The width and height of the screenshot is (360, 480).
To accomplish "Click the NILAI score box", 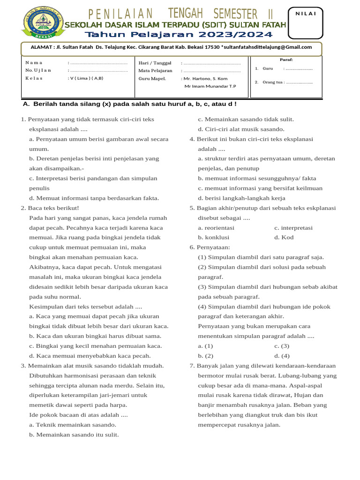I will click(306, 23).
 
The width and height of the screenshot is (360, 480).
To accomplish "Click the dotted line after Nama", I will click(98, 63).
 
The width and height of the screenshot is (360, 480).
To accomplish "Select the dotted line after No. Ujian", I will click(98, 70).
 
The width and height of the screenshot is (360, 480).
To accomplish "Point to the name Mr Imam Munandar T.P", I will click(210, 86).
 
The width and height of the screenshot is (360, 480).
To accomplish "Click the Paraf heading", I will click(286, 60).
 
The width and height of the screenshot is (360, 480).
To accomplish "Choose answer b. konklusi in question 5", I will click(213, 237).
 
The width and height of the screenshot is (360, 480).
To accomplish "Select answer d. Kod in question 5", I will click(284, 237).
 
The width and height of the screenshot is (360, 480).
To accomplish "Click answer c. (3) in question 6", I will click(282, 346).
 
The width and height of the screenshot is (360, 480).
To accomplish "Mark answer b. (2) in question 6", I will click(206, 356).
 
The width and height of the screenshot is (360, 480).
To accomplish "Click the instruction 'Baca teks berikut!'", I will click(53, 208).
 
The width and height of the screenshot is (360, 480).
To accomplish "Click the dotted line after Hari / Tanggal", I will click(212, 63).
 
